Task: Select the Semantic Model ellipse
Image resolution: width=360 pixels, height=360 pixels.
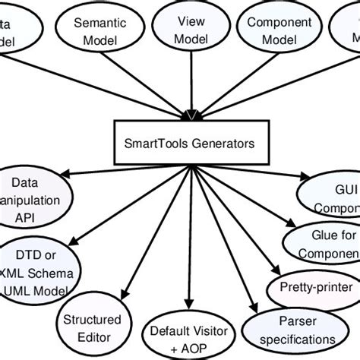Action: [100, 31]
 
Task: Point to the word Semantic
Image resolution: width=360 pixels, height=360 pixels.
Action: [100, 24]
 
